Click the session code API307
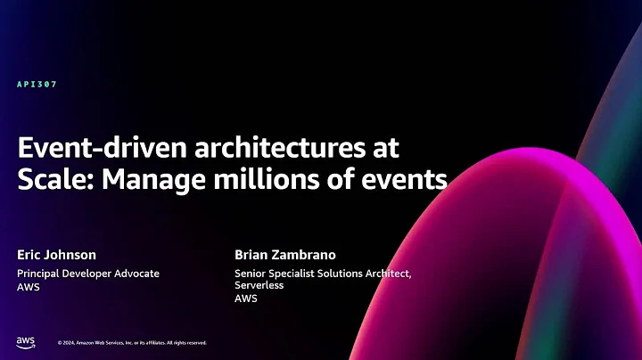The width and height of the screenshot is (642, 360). tap(37, 85)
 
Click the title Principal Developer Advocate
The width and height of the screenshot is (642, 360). tap(88, 274)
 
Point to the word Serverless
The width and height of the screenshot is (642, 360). tap(259, 286)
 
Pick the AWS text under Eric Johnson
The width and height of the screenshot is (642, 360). tap(28, 287)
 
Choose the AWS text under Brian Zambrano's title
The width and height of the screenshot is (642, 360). tap(245, 299)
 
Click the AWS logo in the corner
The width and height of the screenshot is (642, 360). tap(25, 341)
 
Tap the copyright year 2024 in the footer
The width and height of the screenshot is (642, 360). tap(71, 342)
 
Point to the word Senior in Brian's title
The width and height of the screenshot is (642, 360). tap(251, 274)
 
